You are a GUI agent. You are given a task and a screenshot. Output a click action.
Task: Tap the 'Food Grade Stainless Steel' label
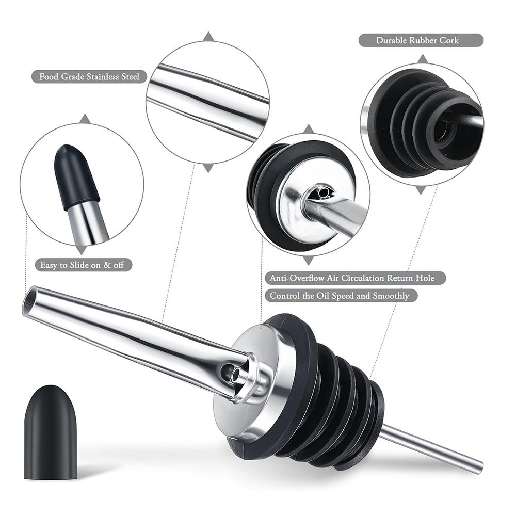click(x=89, y=77)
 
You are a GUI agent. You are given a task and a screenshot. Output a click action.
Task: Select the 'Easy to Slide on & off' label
click(x=83, y=265)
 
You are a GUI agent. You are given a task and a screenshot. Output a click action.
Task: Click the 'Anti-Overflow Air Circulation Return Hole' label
click(x=356, y=278)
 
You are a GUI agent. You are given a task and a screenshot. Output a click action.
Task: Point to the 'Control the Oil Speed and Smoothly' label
click(x=341, y=296)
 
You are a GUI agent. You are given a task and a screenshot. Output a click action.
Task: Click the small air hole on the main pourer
click(x=225, y=370)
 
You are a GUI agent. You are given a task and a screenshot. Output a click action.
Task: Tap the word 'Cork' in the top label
click(x=448, y=40)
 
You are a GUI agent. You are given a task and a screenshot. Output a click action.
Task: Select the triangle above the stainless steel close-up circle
click(x=208, y=37)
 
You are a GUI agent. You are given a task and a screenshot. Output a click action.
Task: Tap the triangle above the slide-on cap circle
click(x=85, y=119)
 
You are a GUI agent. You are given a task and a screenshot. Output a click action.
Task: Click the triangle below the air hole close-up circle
click(x=309, y=260)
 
